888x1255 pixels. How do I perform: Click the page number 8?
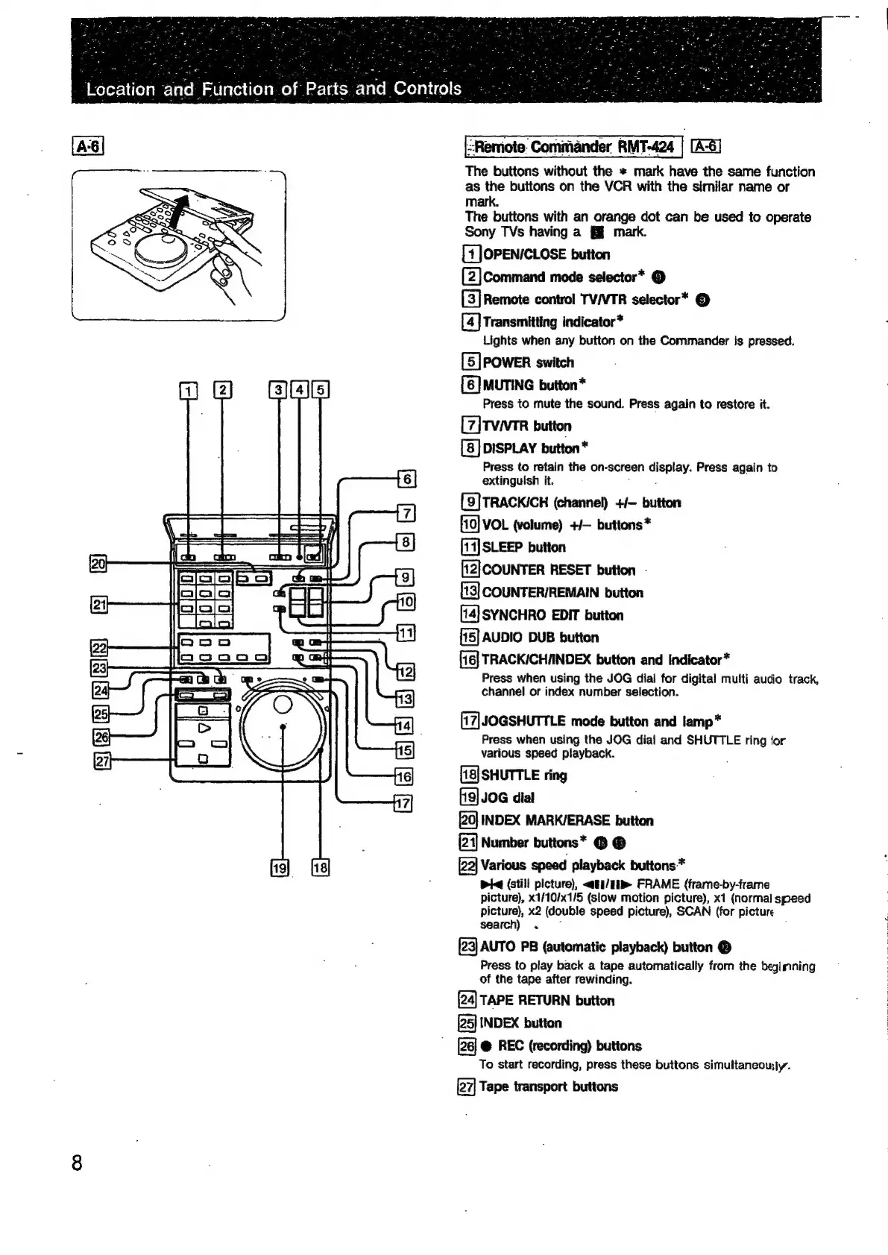tap(76, 1163)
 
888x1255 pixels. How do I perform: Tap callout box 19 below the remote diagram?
tap(280, 867)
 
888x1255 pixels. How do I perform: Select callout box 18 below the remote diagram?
tap(320, 867)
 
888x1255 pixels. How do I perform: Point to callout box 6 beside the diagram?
tap(406, 479)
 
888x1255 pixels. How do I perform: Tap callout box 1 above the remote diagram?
tap(189, 389)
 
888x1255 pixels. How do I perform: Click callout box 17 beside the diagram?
tap(403, 803)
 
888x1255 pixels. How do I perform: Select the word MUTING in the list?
tap(508, 386)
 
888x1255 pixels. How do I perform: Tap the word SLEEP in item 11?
tap(503, 547)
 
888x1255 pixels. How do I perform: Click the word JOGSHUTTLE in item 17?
tap(523, 721)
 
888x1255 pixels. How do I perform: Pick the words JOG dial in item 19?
tap(508, 798)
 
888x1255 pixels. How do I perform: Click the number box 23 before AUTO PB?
tap(467, 948)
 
